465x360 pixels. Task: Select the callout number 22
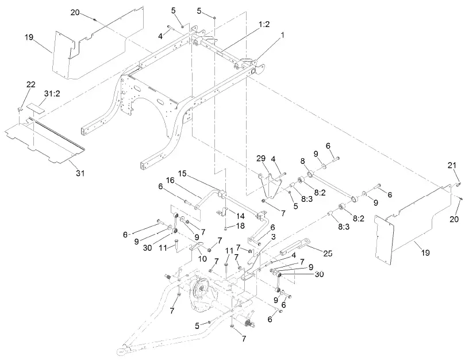[x=31, y=85]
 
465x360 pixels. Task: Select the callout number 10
[x=203, y=258]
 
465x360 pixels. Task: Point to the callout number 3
[x=273, y=236]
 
